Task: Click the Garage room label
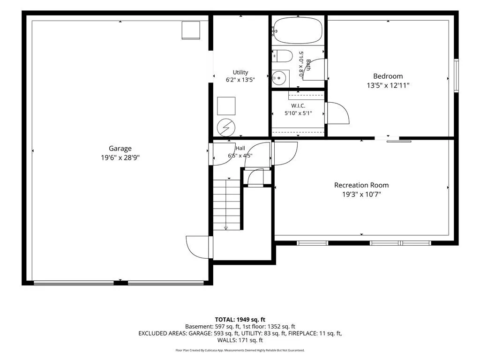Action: coord(120,149)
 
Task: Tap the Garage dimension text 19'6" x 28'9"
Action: coord(120,157)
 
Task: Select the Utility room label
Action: coord(240,72)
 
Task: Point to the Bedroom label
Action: coord(388,76)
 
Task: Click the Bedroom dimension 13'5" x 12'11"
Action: coord(388,85)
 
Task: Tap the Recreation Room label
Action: coord(361,185)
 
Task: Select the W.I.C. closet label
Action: coord(298,105)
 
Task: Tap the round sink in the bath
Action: coord(279,78)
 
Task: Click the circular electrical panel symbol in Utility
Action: coord(226,127)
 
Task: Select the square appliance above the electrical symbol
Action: coord(226,106)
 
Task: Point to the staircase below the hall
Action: coord(227,205)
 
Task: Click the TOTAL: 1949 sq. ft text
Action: coord(240,320)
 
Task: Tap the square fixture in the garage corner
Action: coord(191,30)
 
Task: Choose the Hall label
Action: coord(240,148)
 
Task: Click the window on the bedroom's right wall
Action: coord(456,75)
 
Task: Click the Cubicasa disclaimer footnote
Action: coord(240,350)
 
